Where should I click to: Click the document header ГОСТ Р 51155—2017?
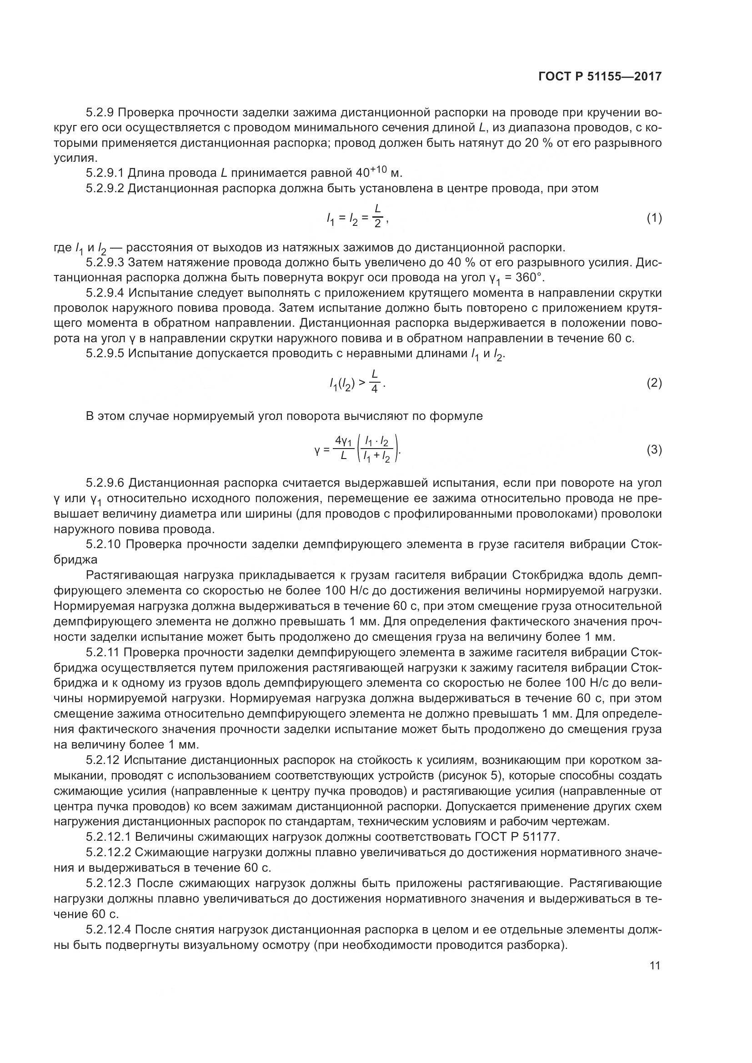tap(600, 76)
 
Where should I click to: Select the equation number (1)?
tap(654, 218)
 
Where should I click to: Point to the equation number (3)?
tap(654, 449)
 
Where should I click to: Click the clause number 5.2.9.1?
tap(105, 173)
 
